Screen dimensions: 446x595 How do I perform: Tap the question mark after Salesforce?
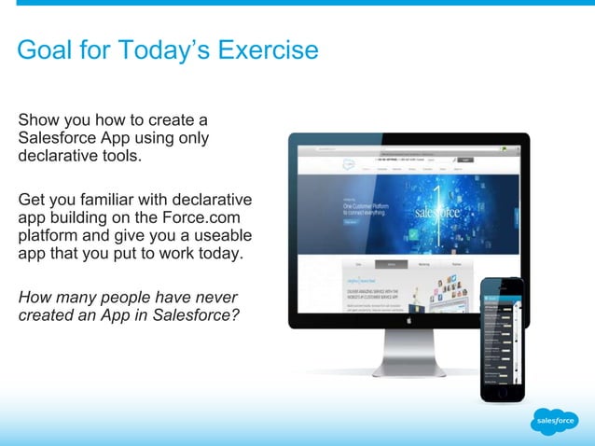(236, 315)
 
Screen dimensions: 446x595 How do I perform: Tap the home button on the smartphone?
(502, 392)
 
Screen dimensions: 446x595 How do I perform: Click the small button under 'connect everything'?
(351, 222)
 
